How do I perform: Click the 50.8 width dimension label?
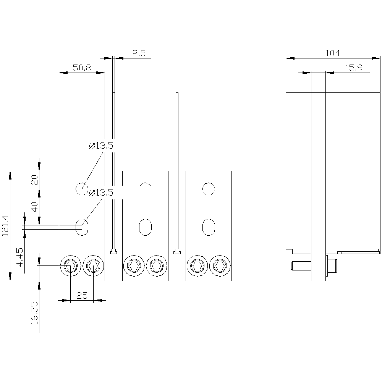tap(82, 68)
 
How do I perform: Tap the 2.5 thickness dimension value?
tap(139, 53)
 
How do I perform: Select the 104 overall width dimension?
tap(332, 53)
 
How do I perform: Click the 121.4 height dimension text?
tap(5, 226)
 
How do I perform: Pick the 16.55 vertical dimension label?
tap(35, 313)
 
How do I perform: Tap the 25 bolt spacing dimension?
tap(82, 295)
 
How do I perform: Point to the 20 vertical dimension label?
tap(35, 180)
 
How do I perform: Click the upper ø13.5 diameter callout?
tap(101, 146)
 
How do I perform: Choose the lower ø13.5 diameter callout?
tap(101, 193)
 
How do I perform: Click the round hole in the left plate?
tap(81, 188)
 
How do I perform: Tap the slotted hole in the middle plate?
tap(145, 227)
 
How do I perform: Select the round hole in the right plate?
tap(209, 189)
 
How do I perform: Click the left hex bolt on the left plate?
tap(70, 265)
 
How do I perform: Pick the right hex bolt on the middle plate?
tap(156, 265)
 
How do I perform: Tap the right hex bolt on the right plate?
tap(220, 265)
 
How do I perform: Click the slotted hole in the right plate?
tap(209, 227)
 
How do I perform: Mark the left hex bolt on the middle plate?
tap(134, 265)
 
